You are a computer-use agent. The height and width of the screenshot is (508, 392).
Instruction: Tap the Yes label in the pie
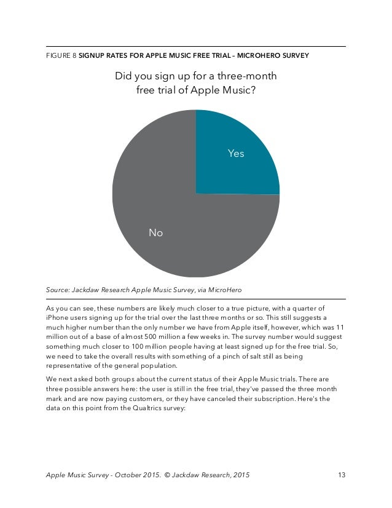[236, 154]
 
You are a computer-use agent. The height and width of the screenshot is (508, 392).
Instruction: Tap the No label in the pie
[156, 233]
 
